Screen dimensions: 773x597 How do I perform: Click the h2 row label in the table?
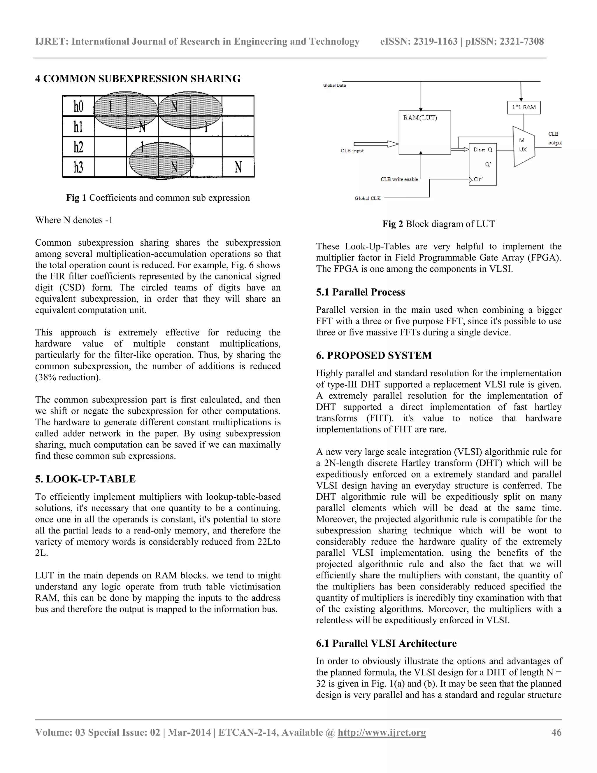click(78, 146)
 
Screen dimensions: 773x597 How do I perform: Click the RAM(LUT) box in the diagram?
click(424, 132)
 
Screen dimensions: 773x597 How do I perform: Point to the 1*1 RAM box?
click(524, 107)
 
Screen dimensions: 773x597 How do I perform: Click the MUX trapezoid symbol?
click(523, 146)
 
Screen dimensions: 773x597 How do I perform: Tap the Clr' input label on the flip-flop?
click(478, 179)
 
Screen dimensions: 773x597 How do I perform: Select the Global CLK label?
click(368, 199)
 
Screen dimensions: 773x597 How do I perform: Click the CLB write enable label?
click(399, 179)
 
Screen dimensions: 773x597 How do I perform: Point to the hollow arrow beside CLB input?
click(376, 144)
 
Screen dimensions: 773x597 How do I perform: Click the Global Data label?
click(334, 85)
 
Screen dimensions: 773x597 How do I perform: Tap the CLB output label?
click(554, 138)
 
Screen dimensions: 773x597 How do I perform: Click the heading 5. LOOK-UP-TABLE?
click(85, 479)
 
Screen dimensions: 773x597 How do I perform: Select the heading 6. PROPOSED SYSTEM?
click(374, 355)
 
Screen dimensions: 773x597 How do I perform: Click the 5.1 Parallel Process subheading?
click(360, 292)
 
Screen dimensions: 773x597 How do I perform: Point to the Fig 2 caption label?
click(393, 224)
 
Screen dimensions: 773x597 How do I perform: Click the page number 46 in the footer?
click(556, 732)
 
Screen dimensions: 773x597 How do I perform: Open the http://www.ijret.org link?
click(382, 732)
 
